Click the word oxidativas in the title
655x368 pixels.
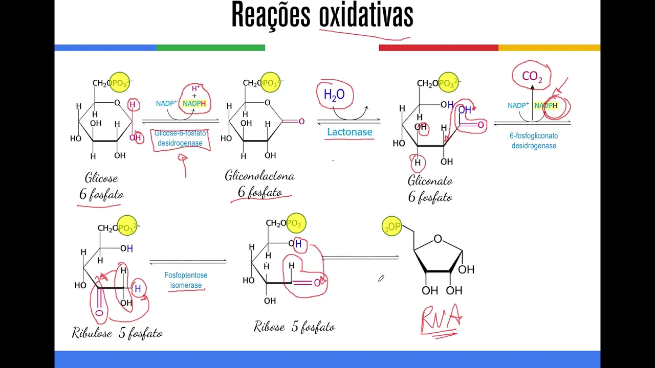coord(366,15)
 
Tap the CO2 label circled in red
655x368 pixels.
coord(532,77)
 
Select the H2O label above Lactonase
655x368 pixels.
coord(334,95)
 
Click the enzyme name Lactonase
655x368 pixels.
coord(350,132)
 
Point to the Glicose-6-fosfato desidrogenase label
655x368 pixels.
coord(180,138)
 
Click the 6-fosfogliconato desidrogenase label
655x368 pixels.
coord(534,141)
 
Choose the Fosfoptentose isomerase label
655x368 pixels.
coord(186,280)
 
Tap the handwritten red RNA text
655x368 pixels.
coord(440,318)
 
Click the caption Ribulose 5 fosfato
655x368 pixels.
coord(117,334)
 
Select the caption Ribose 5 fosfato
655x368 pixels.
coord(294,327)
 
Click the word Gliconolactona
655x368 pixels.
coord(259,176)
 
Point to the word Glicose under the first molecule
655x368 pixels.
coord(101,178)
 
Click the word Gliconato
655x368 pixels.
coord(430,181)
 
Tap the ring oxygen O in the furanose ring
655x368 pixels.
coord(438,239)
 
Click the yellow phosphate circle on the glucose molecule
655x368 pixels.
coord(120,82)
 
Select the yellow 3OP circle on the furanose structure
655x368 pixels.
coord(392,226)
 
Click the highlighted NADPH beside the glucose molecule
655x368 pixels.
coord(194,104)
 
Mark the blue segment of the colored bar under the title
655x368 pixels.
coord(105,48)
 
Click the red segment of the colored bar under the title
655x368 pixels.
coord(438,48)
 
